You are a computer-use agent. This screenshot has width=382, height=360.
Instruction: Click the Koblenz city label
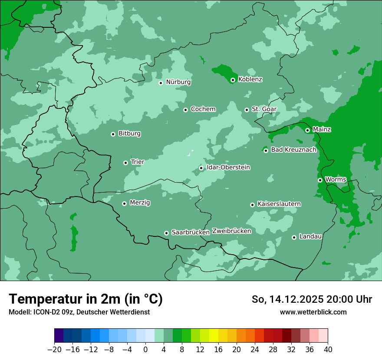[250, 79]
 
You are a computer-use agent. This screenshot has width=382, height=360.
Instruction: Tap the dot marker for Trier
[125, 163]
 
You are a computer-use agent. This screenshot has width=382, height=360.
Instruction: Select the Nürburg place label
[178, 82]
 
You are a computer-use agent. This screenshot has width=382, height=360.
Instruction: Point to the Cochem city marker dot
[185, 110]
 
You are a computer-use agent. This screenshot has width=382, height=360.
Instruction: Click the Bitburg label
[129, 134]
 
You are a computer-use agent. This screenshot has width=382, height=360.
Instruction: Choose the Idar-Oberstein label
[228, 167]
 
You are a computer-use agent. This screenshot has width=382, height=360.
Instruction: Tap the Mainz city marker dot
[307, 130]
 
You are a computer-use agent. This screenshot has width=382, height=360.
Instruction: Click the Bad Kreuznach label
[293, 150]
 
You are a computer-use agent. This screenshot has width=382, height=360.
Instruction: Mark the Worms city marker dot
[320, 180]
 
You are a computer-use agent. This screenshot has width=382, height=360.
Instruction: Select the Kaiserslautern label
[279, 204]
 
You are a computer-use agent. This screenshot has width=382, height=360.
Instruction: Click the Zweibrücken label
[231, 231]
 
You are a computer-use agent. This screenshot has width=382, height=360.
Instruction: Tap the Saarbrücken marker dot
[166, 233]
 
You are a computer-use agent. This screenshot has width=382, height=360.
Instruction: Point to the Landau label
[310, 236]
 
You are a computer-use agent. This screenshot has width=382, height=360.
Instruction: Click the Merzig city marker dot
[124, 203]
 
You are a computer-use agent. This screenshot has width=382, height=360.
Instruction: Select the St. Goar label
[264, 109]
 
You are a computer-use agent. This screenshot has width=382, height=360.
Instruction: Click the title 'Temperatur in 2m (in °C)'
[86, 299]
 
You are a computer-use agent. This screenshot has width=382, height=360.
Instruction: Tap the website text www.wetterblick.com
[313, 312]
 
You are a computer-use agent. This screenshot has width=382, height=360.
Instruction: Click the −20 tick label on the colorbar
[54, 350]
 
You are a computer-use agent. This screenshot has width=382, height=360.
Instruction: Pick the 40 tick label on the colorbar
[328, 350]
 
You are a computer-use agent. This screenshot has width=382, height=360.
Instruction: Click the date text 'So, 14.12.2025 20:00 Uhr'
[312, 299]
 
